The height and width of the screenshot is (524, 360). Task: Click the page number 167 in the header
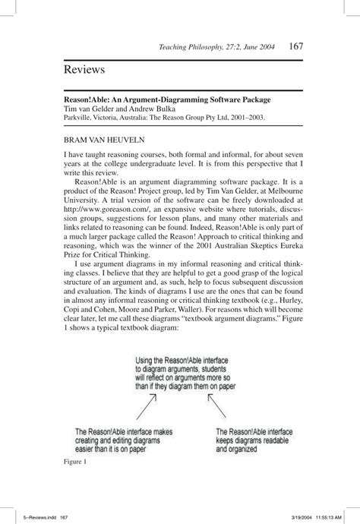click(x=296, y=46)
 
